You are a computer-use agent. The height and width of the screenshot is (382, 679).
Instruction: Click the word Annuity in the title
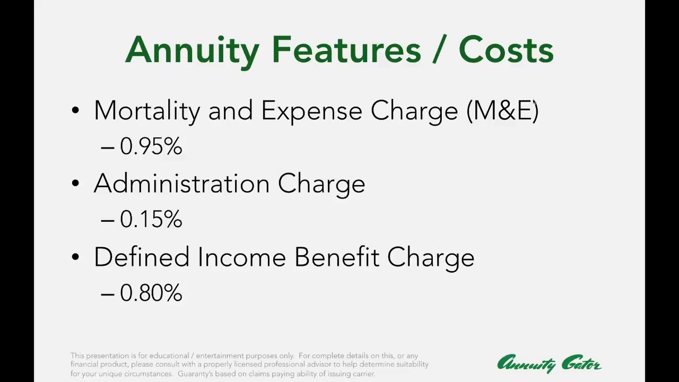(x=192, y=50)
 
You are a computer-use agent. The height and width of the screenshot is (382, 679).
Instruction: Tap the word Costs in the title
(x=506, y=50)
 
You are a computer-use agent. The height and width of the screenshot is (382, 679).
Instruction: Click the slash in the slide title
(x=439, y=50)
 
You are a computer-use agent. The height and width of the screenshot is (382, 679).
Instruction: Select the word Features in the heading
(x=346, y=50)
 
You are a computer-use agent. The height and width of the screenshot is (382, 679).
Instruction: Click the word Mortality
(x=147, y=111)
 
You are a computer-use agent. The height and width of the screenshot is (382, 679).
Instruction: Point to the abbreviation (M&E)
(x=502, y=111)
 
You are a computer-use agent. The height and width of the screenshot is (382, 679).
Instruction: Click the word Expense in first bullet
(x=312, y=111)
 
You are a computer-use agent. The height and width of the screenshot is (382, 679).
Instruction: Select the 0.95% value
(x=151, y=146)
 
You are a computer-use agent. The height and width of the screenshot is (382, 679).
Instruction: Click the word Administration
(x=181, y=184)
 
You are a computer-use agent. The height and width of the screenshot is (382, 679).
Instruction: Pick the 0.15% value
(x=151, y=220)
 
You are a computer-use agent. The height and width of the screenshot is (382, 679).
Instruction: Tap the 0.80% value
(x=151, y=293)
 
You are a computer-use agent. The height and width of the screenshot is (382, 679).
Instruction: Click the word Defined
(x=142, y=257)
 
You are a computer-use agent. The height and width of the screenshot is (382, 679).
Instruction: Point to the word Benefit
(x=337, y=257)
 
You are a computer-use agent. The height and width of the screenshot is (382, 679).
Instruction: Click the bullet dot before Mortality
(x=75, y=110)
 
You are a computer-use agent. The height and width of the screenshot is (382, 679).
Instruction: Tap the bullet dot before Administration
(x=75, y=184)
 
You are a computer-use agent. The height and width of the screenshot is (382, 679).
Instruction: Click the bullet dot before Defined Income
(x=75, y=257)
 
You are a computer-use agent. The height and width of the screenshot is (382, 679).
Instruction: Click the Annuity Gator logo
(x=549, y=364)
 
